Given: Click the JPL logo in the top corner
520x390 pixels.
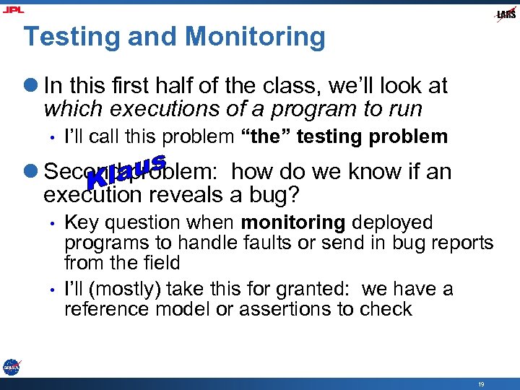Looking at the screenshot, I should tap(13, 9).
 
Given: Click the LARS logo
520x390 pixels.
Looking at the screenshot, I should tap(506, 14).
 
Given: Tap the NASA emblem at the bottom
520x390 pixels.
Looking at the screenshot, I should tap(11, 367).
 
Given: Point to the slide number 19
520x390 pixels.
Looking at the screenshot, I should tap(480, 384).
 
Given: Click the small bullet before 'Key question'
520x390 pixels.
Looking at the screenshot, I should tap(53, 223).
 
